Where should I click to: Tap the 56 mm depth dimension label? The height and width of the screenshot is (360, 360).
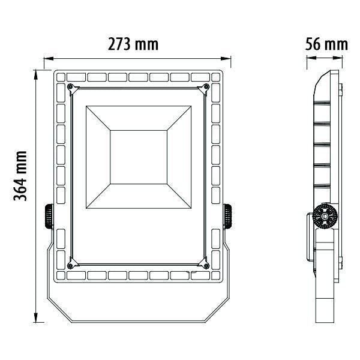(326, 44)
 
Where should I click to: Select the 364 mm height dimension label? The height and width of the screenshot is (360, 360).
(23, 177)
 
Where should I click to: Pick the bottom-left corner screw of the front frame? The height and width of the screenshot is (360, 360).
(71, 264)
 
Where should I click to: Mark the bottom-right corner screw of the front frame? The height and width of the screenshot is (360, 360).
(207, 264)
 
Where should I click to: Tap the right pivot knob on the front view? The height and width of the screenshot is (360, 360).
(229, 216)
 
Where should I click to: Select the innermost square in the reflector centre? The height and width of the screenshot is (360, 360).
(139, 156)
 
